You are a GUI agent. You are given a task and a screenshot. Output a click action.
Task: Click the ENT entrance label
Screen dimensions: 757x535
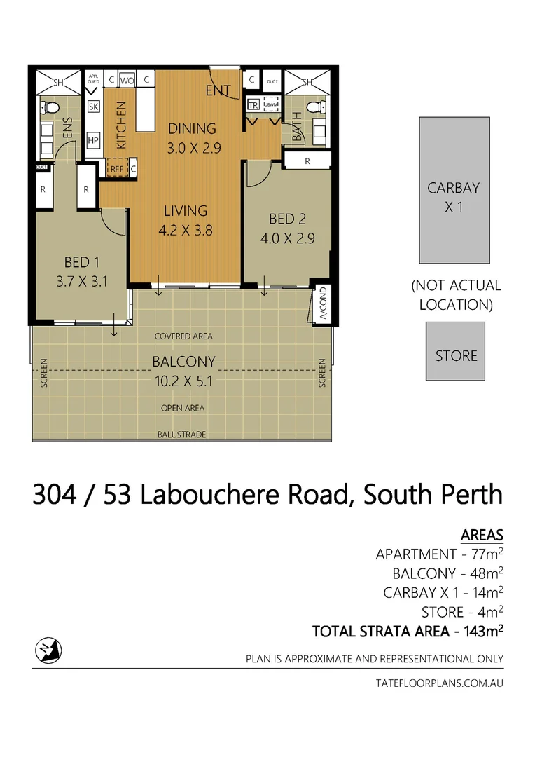coord(218,91)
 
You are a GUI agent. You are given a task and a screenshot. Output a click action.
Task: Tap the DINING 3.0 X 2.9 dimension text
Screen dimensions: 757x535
coord(191,149)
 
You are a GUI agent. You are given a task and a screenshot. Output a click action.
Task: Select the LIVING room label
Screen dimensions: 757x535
coord(186,210)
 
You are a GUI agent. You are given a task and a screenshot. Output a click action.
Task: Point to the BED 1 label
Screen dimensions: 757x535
coord(81,262)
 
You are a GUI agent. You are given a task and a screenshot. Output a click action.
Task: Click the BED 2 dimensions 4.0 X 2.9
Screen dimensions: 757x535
coord(287,238)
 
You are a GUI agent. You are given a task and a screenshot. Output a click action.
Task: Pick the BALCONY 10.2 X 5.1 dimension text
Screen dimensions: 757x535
coord(184,383)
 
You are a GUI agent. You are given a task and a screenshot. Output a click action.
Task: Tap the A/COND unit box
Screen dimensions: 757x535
coord(323,303)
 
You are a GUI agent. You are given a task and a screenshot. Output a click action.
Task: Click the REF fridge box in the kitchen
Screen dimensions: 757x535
coord(116,169)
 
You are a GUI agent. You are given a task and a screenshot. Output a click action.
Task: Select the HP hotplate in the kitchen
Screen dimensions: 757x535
coord(93,140)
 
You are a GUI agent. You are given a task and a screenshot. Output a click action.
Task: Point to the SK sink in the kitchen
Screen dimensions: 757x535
coord(93,107)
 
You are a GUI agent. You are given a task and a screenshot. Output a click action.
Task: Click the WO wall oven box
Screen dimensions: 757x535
coord(127,81)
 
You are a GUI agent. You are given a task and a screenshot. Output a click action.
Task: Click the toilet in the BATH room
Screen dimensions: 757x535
coord(317,107)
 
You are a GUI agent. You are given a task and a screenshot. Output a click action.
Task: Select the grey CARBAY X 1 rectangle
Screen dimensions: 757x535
coord(454,189)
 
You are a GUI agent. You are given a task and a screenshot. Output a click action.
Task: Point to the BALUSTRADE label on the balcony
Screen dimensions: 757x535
coord(181,435)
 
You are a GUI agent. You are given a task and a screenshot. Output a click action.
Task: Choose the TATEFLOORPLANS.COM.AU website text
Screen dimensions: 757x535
coord(440,682)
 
